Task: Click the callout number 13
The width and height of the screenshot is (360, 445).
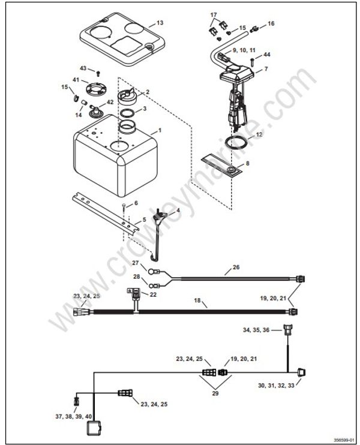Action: (160, 23)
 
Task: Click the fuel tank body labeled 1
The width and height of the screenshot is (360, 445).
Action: (114, 162)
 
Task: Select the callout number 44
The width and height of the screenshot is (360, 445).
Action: (267, 55)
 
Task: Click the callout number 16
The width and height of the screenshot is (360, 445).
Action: (271, 23)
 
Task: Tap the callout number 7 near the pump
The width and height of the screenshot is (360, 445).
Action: (266, 70)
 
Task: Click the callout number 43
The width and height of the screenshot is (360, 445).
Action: (83, 67)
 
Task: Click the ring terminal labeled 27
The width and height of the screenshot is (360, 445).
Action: (152, 271)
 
